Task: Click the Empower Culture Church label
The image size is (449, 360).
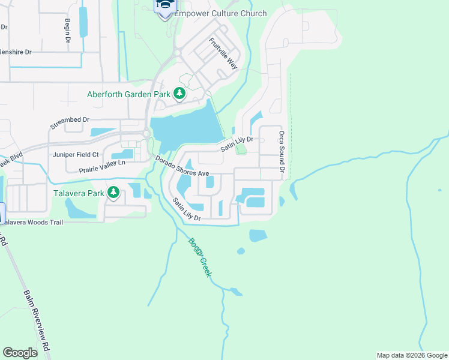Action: point(220,14)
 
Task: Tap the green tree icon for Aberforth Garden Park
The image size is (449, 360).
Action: point(179,93)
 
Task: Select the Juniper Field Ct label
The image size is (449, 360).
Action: point(76,154)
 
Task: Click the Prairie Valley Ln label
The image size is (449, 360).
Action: point(102,166)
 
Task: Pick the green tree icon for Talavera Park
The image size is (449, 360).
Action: point(113,193)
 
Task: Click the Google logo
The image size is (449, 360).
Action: point(20,353)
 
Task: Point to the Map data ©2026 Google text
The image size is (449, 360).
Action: point(411,355)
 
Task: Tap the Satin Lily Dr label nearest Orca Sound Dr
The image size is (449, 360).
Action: point(237,143)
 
